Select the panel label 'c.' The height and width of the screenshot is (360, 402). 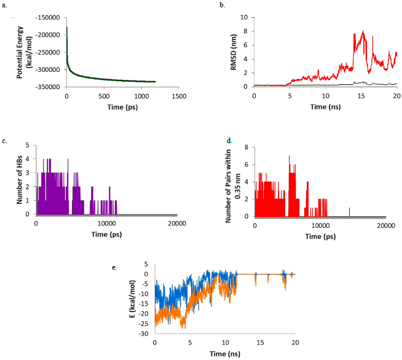5,141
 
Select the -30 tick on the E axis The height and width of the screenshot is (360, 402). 145,334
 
